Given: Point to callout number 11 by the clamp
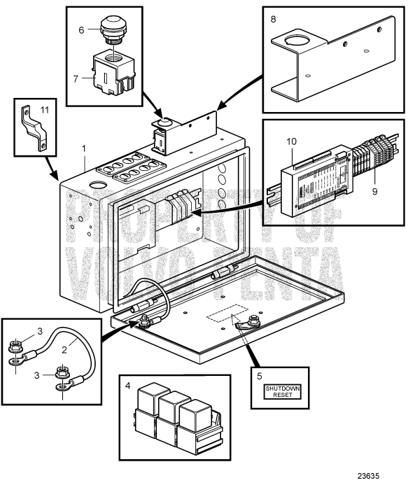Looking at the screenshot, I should pyautogui.click(x=45, y=110).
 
